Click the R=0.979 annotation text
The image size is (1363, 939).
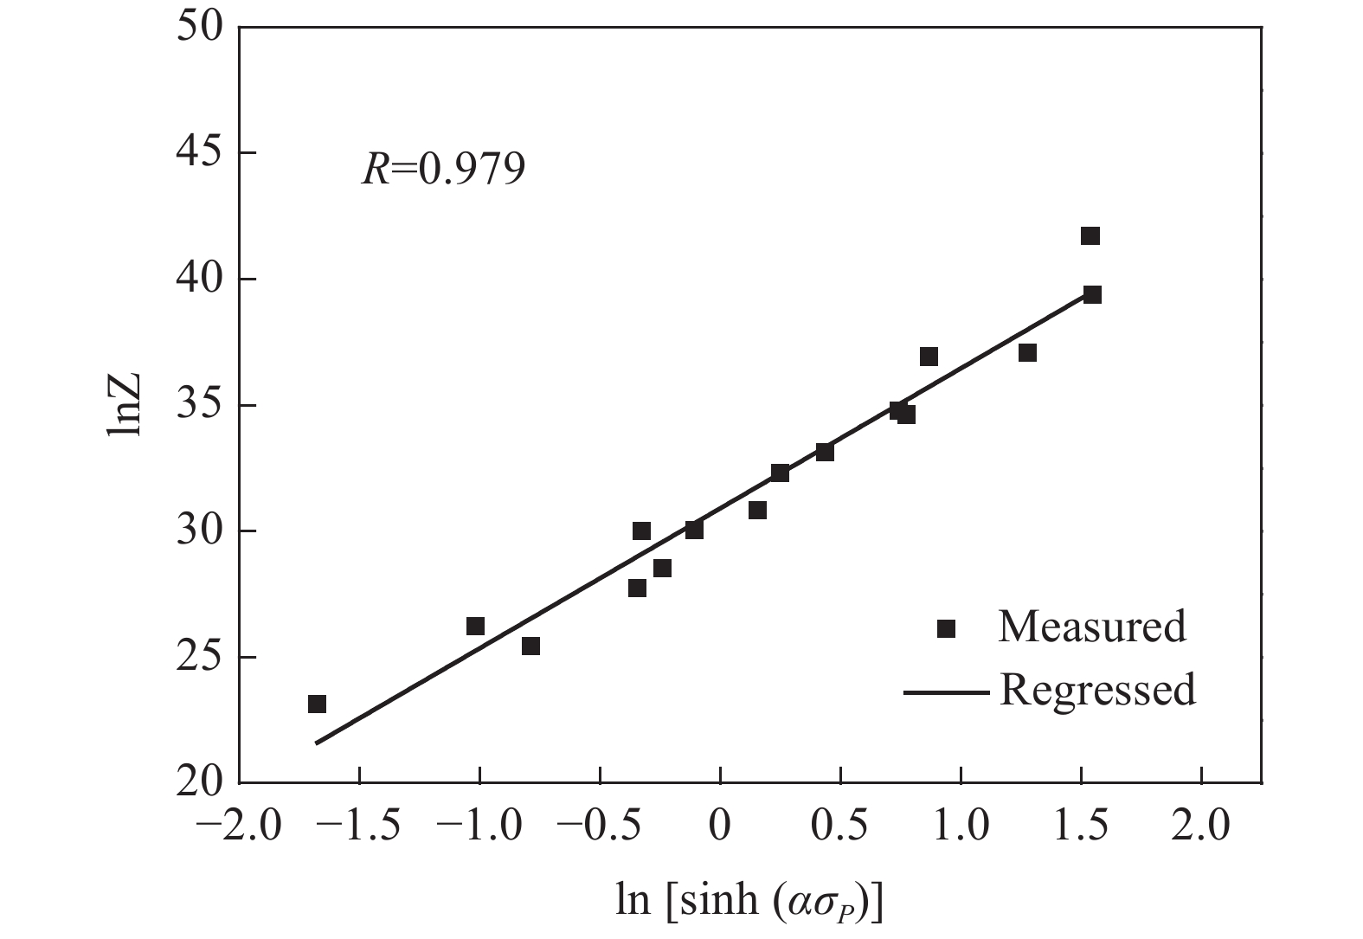coord(442,170)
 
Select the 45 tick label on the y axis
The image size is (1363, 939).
coord(199,153)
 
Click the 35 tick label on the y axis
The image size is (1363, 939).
coord(199,405)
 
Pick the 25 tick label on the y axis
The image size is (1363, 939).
coord(199,657)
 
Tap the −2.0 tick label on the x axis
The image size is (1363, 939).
coord(239,826)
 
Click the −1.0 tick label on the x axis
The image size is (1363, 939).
coord(479,826)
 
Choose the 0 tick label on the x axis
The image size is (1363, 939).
coord(720,826)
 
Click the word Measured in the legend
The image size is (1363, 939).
coord(1091,627)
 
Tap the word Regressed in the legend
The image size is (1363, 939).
coord(1097,691)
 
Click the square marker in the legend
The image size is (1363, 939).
coord(946,628)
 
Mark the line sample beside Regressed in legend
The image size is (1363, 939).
coord(945,692)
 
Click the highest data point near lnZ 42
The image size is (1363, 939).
coord(1090,236)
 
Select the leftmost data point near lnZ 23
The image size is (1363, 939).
coord(317,704)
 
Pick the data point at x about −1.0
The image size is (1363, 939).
coord(475,626)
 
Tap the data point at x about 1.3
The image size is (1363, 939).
coord(1027,353)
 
